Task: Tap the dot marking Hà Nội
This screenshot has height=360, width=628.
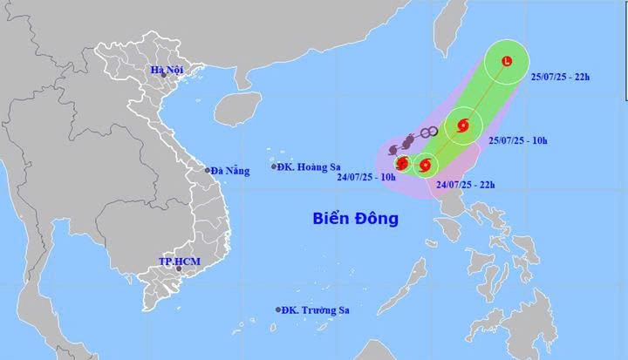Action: click(163, 77)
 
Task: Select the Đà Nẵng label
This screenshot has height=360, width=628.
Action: click(230, 171)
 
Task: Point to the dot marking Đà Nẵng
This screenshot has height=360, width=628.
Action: click(208, 171)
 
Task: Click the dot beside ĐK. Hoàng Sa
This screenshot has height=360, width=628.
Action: click(274, 166)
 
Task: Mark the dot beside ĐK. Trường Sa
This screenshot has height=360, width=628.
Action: click(279, 309)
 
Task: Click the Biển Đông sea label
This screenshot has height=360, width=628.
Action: click(356, 218)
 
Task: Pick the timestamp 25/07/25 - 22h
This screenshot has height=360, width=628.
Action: click(561, 78)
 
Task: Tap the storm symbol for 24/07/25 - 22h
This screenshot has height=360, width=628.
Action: click(425, 163)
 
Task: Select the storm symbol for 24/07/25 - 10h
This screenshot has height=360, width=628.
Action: click(402, 163)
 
